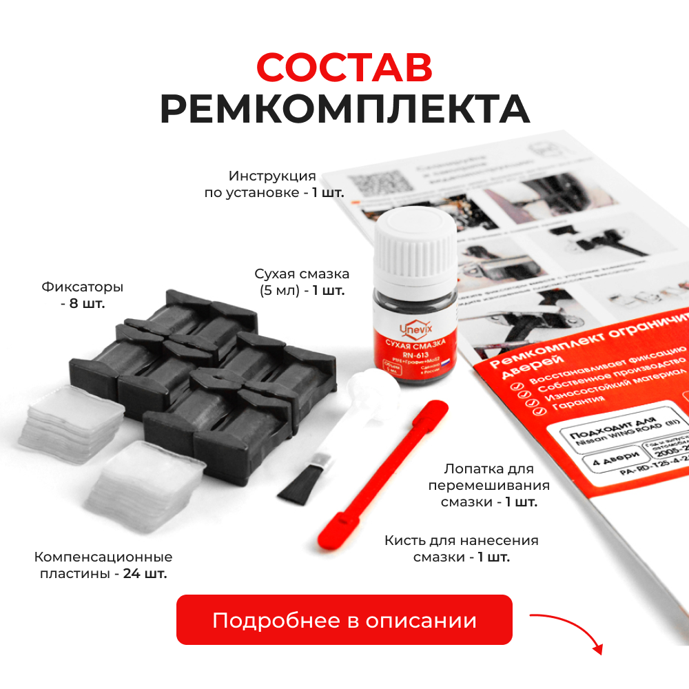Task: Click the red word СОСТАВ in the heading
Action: coord(344,68)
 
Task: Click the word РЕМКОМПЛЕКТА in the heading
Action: coord(344,109)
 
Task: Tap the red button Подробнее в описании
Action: coord(344,619)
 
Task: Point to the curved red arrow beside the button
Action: coord(568,628)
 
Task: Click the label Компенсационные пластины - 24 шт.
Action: coord(103,564)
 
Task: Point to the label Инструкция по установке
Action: coord(274,184)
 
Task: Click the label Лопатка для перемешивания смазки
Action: coord(489,485)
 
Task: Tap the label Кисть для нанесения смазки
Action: coord(461,548)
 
